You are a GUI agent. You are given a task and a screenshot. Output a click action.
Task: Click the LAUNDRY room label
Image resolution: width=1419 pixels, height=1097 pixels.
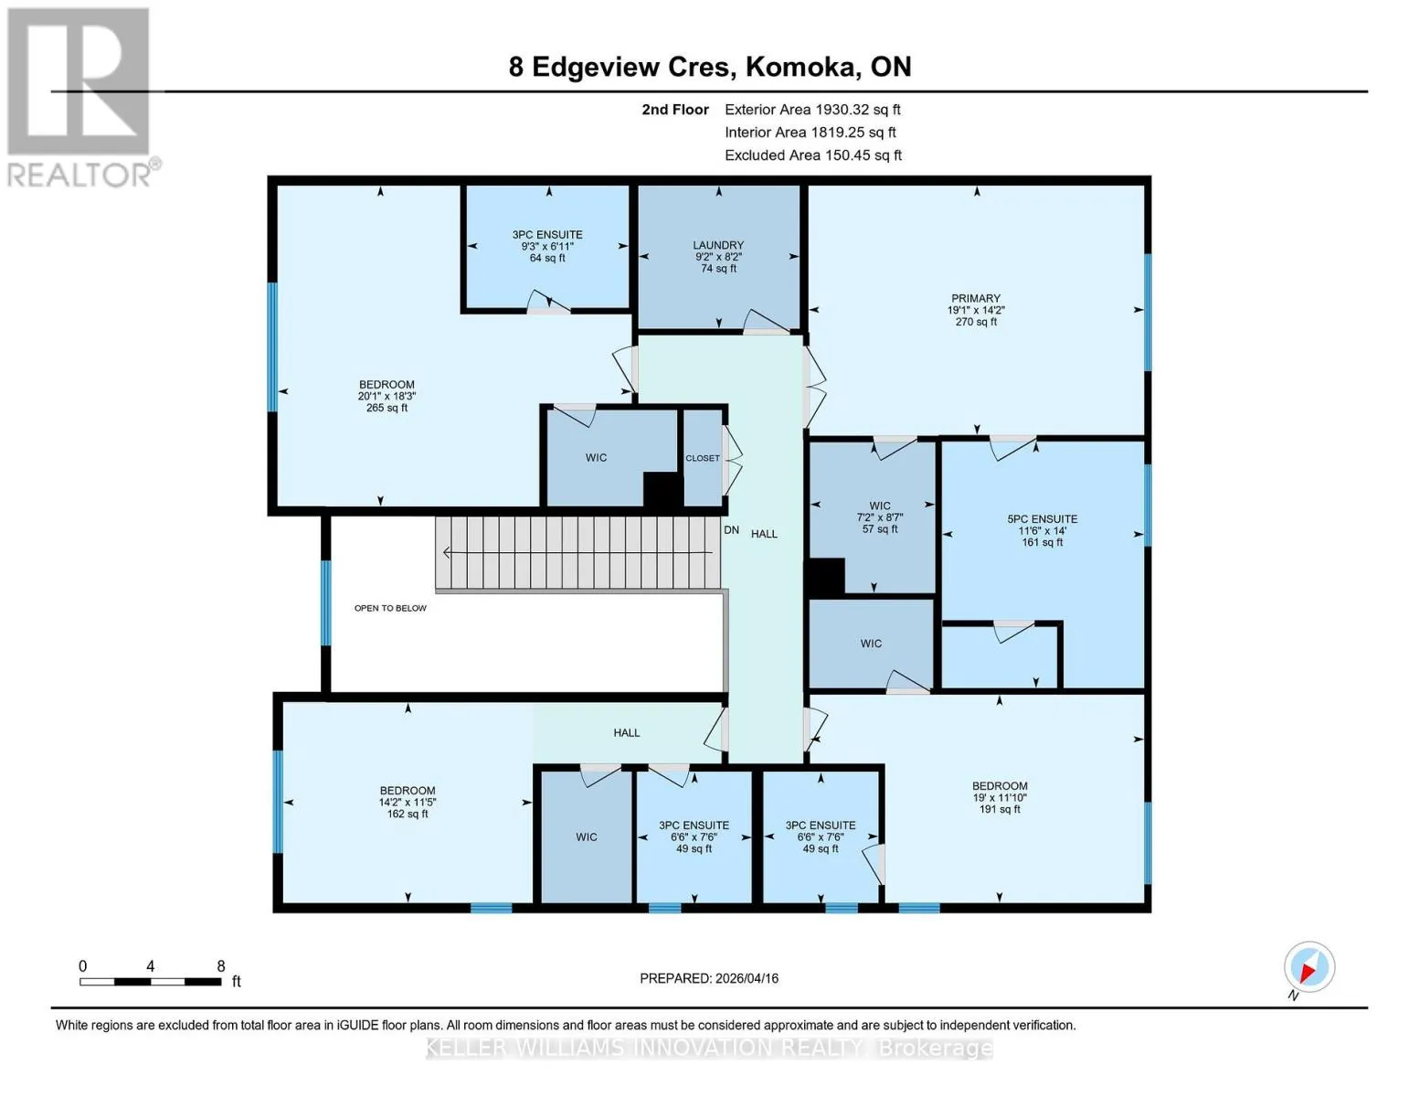click(x=717, y=245)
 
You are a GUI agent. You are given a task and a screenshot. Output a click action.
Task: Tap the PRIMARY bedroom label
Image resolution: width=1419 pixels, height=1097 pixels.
click(x=975, y=298)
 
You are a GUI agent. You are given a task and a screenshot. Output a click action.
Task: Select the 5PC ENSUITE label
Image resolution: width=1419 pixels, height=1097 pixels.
click(x=1042, y=518)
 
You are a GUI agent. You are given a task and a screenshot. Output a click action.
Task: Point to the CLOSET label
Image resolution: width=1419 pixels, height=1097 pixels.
click(x=702, y=458)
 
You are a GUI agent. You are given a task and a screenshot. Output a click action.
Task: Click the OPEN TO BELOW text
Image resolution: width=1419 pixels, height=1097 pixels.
click(x=390, y=608)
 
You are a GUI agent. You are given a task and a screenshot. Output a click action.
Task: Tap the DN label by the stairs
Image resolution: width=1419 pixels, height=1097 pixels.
click(x=731, y=530)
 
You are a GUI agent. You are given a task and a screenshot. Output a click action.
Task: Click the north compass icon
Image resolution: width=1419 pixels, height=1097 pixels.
click(x=1308, y=967)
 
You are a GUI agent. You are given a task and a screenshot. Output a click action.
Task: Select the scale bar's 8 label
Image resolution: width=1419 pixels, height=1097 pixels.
click(x=221, y=966)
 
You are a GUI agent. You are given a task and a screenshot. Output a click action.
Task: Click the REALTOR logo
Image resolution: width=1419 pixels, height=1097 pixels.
click(x=80, y=97)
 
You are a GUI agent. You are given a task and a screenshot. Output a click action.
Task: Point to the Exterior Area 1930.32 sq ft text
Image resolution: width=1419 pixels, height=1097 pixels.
click(x=812, y=110)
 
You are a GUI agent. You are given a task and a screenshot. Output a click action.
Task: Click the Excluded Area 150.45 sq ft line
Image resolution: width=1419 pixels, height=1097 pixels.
click(x=813, y=155)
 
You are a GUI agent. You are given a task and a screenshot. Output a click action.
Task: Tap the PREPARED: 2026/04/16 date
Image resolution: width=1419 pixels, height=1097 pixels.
click(x=708, y=978)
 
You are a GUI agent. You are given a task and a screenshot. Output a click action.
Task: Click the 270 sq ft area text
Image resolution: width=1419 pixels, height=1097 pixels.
click(x=976, y=322)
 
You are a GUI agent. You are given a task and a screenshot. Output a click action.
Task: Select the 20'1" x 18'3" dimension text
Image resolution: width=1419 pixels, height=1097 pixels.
click(x=387, y=396)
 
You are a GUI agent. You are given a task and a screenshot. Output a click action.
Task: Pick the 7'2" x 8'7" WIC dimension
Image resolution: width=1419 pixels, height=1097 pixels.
click(x=880, y=517)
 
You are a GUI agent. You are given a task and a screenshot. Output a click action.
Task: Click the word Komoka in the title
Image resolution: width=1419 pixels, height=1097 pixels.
click(x=800, y=67)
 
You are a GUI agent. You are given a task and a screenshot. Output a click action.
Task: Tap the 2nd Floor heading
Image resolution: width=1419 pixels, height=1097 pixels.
click(x=674, y=110)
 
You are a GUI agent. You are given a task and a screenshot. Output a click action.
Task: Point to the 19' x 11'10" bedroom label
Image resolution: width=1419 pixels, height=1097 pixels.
click(x=999, y=797)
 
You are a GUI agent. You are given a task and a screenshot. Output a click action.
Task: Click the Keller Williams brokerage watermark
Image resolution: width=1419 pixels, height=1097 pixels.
click(x=709, y=1048)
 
